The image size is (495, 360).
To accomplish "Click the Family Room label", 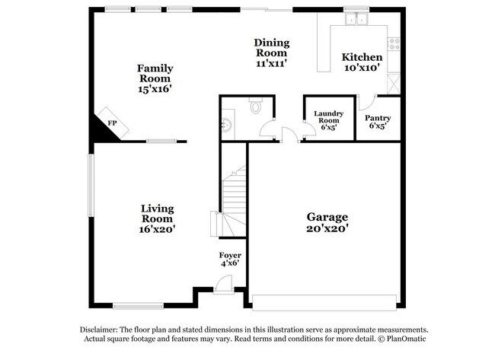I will pos(155,73).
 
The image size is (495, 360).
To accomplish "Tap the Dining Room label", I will pos(271,47).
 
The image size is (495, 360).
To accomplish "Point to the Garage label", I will pos(327,217).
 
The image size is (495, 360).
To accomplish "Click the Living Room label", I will pos(158,214).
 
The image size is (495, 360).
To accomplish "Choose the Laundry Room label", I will pos(329,117).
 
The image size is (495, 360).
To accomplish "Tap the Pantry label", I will pos(378,118).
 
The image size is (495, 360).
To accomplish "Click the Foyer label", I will pos(230,256).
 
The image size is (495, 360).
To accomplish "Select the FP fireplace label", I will pos(112,123).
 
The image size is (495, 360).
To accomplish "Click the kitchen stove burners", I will pos(394,43).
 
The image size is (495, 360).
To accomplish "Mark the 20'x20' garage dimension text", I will pos(327,228).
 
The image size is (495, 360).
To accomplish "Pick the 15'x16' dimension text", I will pos(155,90).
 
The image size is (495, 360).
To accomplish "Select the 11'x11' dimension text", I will pos(271,65).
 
